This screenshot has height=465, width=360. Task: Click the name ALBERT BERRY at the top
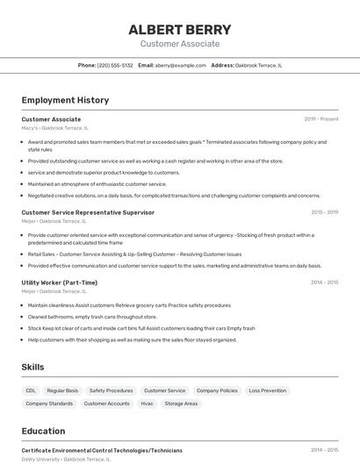(179, 29)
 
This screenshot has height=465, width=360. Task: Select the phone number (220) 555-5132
(115, 65)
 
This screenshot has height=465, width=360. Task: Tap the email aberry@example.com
(181, 65)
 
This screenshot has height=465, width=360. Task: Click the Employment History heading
(65, 100)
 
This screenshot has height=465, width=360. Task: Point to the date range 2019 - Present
(321, 118)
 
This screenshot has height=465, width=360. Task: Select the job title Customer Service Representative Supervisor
(88, 211)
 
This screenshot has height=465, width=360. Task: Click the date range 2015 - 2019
(324, 211)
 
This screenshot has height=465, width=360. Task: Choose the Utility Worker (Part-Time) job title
(59, 282)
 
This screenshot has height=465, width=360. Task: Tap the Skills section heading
(33, 366)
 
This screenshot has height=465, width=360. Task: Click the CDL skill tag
(31, 390)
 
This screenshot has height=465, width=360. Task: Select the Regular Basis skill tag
(62, 390)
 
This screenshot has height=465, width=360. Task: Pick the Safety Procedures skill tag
(111, 390)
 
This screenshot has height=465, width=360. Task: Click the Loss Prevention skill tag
(267, 390)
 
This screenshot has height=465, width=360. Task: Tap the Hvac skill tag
(147, 404)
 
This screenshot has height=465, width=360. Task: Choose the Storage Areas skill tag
(181, 404)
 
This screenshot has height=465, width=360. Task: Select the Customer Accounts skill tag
(106, 404)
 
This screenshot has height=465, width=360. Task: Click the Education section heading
(43, 431)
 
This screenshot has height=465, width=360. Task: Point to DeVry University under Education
(40, 459)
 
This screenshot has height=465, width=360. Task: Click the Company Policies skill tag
(217, 390)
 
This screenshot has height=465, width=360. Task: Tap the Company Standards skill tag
(49, 404)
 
